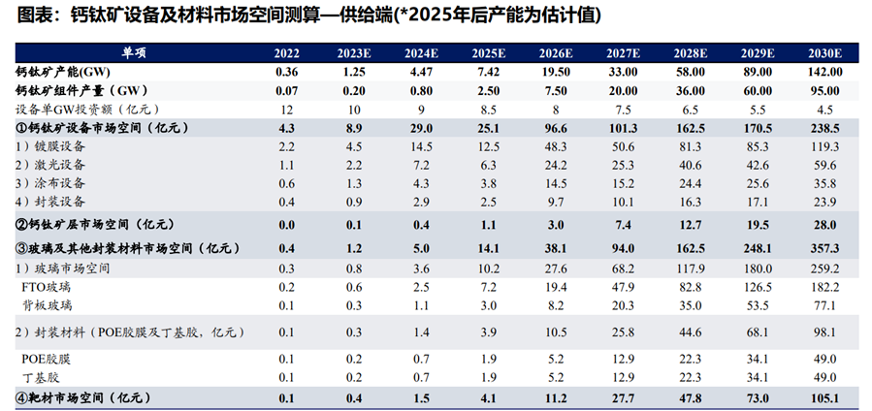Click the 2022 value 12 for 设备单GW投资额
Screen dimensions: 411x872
coord(287,109)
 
